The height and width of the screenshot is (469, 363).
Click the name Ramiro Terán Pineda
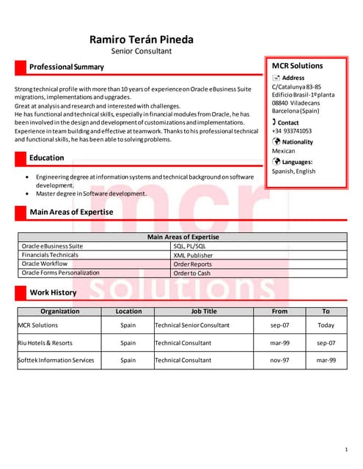[141, 39]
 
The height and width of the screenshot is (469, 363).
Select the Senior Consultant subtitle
[141, 51]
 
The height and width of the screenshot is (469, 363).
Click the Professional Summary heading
[66, 67]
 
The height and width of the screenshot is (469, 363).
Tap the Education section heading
[46, 158]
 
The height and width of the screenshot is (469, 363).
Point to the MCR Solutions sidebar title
[297, 65]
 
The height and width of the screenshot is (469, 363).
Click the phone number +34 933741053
[291, 131]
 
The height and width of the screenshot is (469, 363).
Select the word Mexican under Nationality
[283, 151]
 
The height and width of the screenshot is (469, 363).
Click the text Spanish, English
[293, 171]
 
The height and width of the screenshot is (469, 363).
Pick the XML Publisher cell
[193, 255]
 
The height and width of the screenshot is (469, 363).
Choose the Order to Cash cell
[191, 273]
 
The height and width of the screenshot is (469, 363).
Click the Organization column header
[60, 311]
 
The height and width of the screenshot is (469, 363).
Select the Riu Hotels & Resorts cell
[45, 343]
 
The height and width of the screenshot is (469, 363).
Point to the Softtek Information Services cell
[56, 361]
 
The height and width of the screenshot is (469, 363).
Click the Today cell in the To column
[326, 325]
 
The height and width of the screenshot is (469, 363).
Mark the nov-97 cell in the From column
[279, 361]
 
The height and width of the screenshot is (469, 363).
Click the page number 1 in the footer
[345, 448]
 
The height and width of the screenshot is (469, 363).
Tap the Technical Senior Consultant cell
[192, 325]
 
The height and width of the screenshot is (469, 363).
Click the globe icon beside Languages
[276, 161]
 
